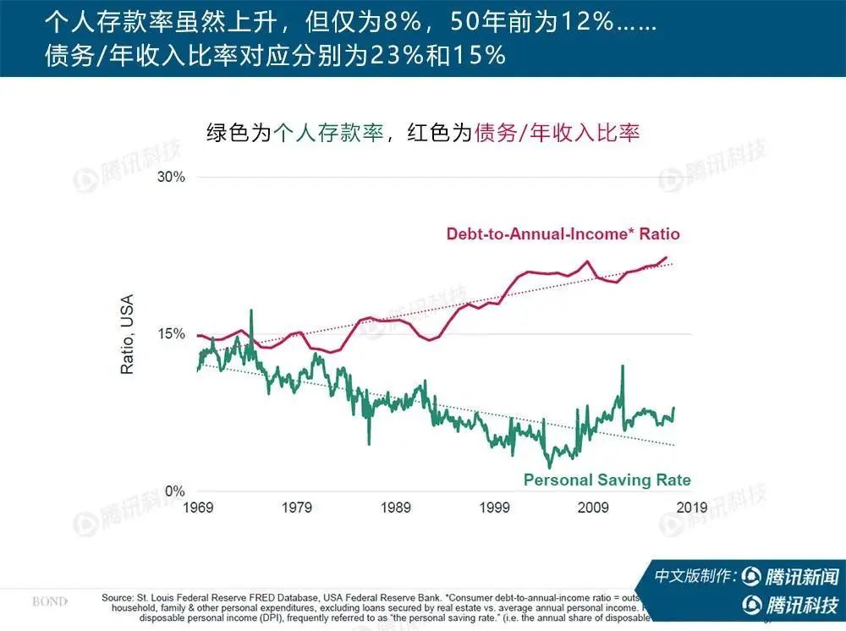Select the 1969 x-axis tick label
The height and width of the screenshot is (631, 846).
[197, 508]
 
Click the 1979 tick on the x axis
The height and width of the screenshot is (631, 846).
[296, 508]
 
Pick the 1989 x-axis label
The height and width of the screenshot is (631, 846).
[395, 508]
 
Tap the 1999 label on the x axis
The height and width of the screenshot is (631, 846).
[494, 508]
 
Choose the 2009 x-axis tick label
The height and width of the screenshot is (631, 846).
[593, 508]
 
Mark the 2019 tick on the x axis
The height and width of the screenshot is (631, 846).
[692, 508]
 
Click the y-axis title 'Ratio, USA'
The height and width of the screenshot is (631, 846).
[128, 334]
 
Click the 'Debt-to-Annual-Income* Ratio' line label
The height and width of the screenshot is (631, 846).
[563, 233]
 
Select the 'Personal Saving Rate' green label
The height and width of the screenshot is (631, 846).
[607, 480]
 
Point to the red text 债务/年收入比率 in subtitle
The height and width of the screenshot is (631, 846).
[558, 133]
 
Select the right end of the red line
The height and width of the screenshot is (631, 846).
[667, 257]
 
